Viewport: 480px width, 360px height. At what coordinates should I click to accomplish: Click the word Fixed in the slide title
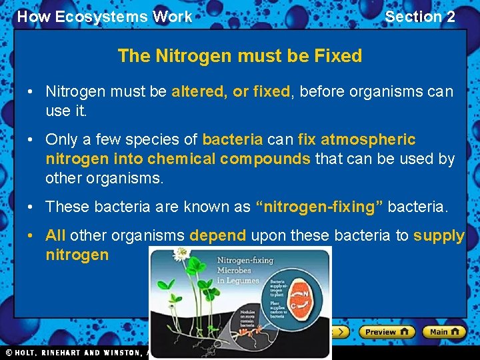click(x=339, y=56)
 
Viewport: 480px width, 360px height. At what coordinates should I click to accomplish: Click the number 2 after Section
click(x=451, y=17)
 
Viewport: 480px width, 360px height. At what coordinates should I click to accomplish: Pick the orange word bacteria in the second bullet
click(x=232, y=139)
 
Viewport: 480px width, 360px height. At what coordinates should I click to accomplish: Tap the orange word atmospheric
click(x=368, y=139)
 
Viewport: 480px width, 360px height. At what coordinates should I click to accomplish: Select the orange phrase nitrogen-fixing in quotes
click(x=319, y=207)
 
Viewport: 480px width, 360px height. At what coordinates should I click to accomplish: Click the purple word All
click(x=55, y=235)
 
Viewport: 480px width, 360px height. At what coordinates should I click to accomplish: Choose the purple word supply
click(x=439, y=235)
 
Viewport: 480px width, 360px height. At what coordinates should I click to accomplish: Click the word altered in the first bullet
click(x=198, y=91)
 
